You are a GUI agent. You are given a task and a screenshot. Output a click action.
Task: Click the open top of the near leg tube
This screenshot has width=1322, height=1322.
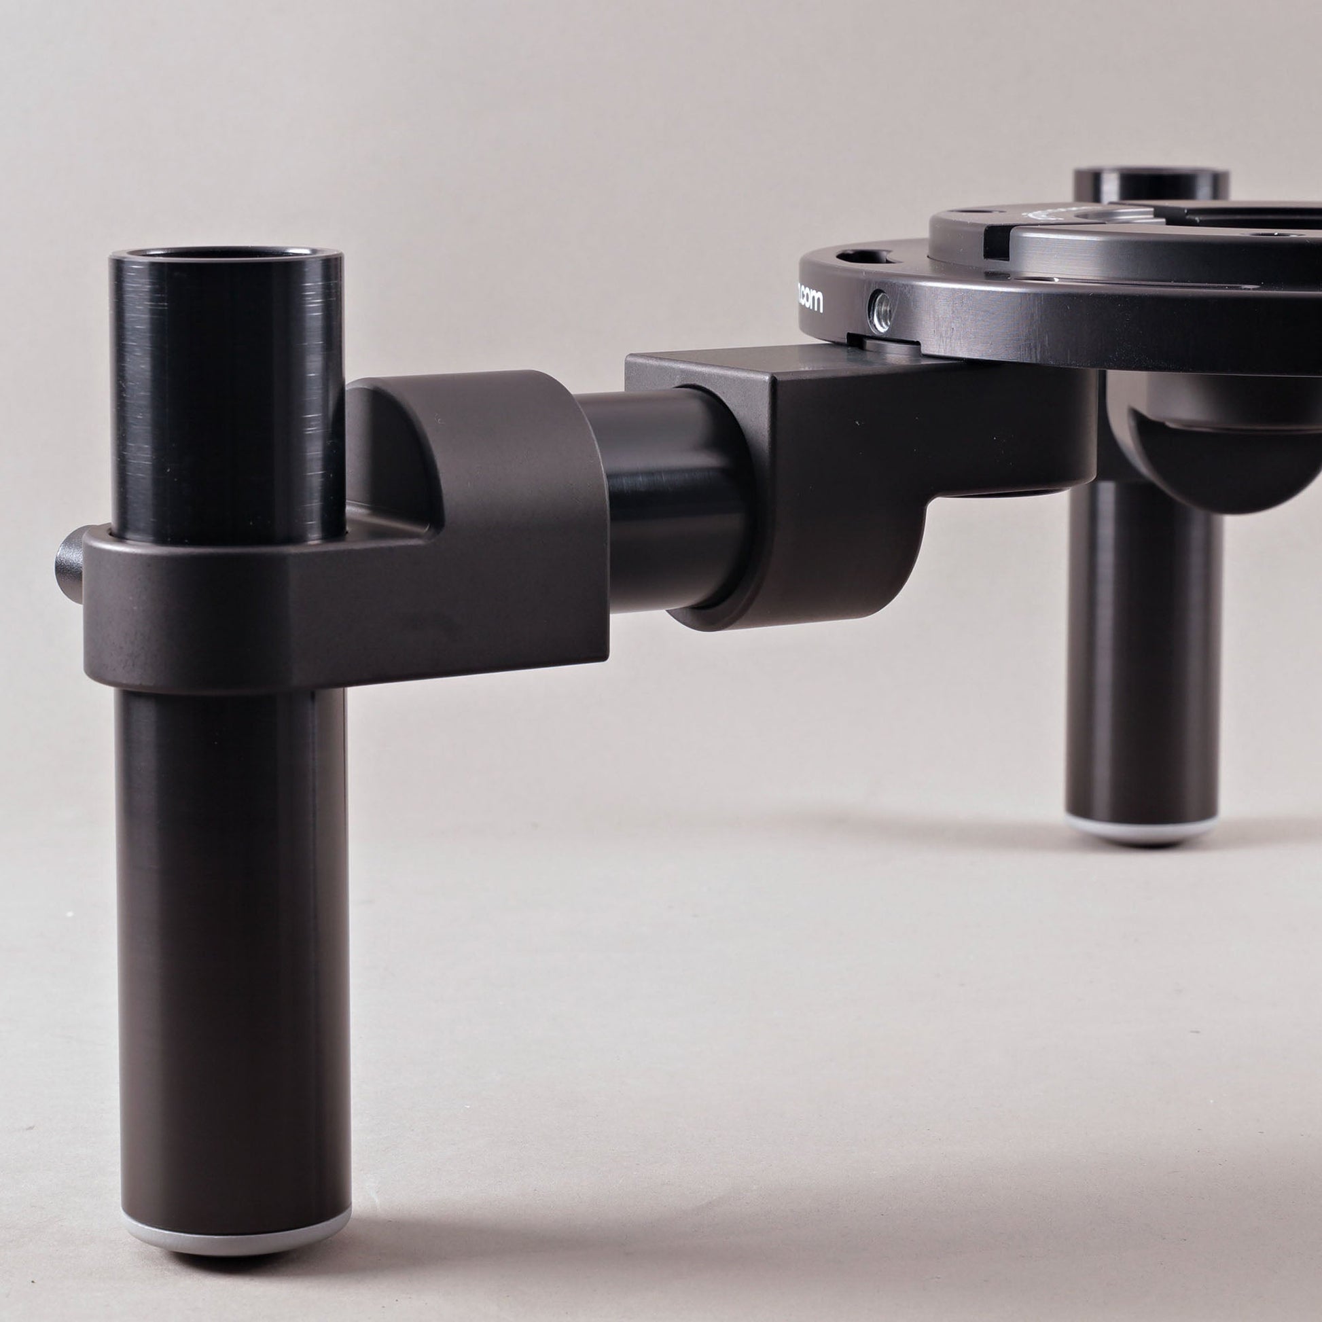coord(226,255)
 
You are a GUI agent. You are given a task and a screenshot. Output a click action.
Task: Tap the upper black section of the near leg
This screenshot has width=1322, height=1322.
coord(226,390)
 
